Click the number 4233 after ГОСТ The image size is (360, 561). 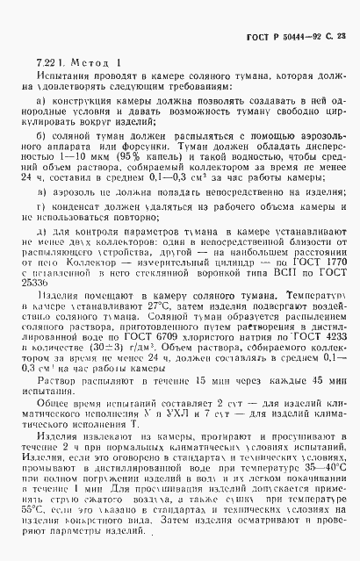point(329,358)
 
